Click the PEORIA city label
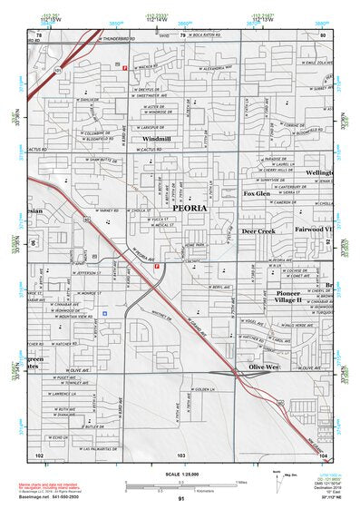[x=184, y=208]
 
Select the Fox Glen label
[x=258, y=193]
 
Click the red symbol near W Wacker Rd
[x=124, y=67]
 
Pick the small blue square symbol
[x=106, y=313]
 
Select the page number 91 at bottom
[x=181, y=499]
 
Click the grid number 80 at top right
[x=323, y=34]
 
